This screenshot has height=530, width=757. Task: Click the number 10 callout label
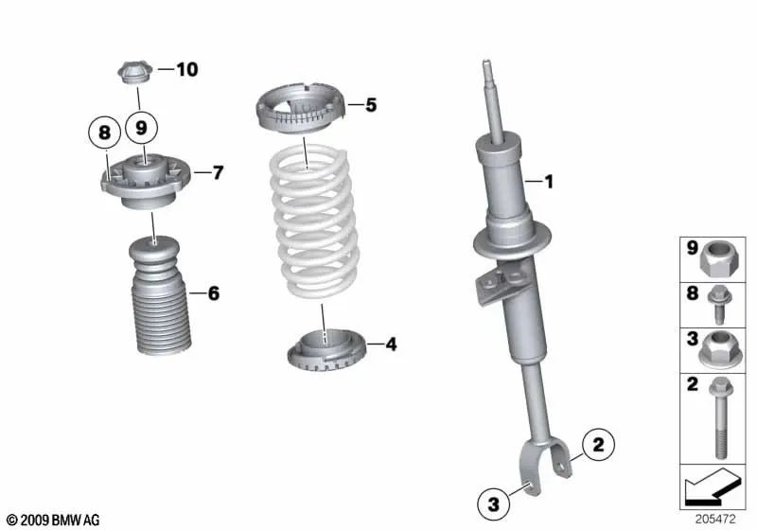[186, 69]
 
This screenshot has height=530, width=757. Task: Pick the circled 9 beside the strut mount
[142, 127]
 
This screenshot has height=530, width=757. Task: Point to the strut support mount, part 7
[145, 181]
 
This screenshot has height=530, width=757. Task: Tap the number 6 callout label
[213, 294]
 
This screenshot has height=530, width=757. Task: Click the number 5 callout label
[371, 105]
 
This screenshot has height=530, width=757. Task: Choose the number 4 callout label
[391, 344]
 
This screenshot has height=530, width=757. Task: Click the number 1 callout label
[547, 180]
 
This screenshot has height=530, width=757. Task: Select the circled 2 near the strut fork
[597, 441]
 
